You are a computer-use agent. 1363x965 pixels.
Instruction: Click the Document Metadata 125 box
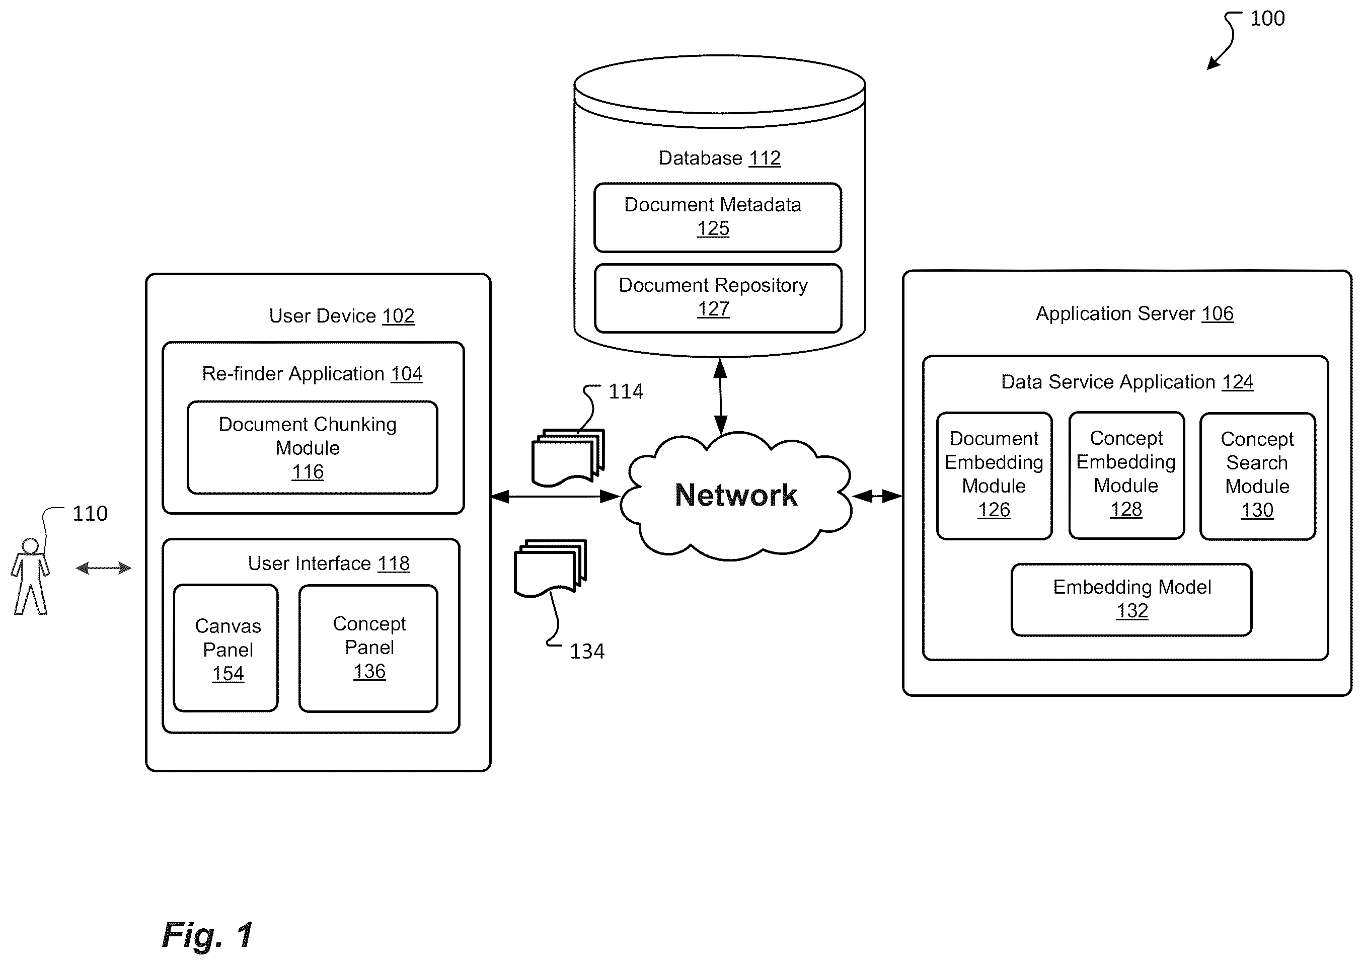[x=717, y=217]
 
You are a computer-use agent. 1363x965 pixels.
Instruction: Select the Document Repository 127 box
[x=717, y=298]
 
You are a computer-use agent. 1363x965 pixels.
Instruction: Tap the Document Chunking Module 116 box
[x=312, y=447]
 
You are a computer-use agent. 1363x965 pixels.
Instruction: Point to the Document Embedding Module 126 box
[x=994, y=476]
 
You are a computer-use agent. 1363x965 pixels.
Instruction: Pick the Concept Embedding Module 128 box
[x=1126, y=475]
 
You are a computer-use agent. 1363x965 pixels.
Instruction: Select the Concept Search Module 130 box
[x=1257, y=476]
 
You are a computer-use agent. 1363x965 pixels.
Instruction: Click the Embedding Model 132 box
[x=1131, y=600]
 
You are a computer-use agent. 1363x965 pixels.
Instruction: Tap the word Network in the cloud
[x=736, y=495]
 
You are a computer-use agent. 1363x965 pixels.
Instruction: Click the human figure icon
[x=30, y=576]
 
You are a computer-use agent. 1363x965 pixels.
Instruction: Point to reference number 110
[x=90, y=513]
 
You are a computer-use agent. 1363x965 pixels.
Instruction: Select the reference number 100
[x=1267, y=19]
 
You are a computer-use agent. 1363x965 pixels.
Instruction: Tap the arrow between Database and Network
[x=720, y=396]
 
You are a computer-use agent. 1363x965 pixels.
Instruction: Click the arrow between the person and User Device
[x=103, y=568]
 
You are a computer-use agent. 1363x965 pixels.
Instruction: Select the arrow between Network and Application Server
[x=877, y=496]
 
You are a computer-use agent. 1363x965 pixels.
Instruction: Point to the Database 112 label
[x=719, y=158]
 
